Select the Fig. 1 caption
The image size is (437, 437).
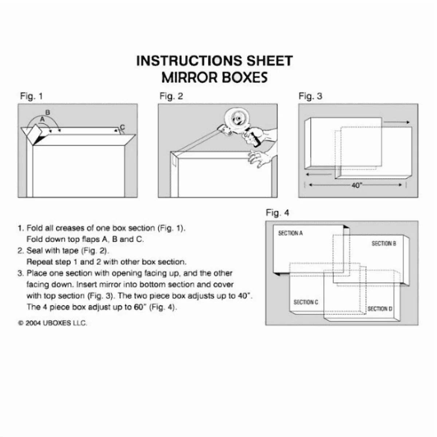tap(31, 96)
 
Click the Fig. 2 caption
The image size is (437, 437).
tap(171, 96)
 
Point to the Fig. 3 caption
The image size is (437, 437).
tap(310, 96)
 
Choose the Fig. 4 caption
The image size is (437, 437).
tap(277, 213)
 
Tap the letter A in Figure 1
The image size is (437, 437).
tap(42, 119)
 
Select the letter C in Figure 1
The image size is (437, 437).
tap(122, 127)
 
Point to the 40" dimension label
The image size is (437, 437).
tap(357, 185)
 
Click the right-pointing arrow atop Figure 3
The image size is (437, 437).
tap(397, 122)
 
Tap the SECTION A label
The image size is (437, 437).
tap(290, 233)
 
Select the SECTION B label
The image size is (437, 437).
tap(383, 243)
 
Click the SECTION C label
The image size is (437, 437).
tap(306, 302)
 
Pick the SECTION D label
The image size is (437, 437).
tap(380, 309)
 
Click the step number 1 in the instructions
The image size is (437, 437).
tap(20, 228)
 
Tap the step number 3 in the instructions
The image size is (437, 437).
tap(20, 273)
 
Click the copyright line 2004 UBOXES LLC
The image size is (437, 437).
tap(53, 323)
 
